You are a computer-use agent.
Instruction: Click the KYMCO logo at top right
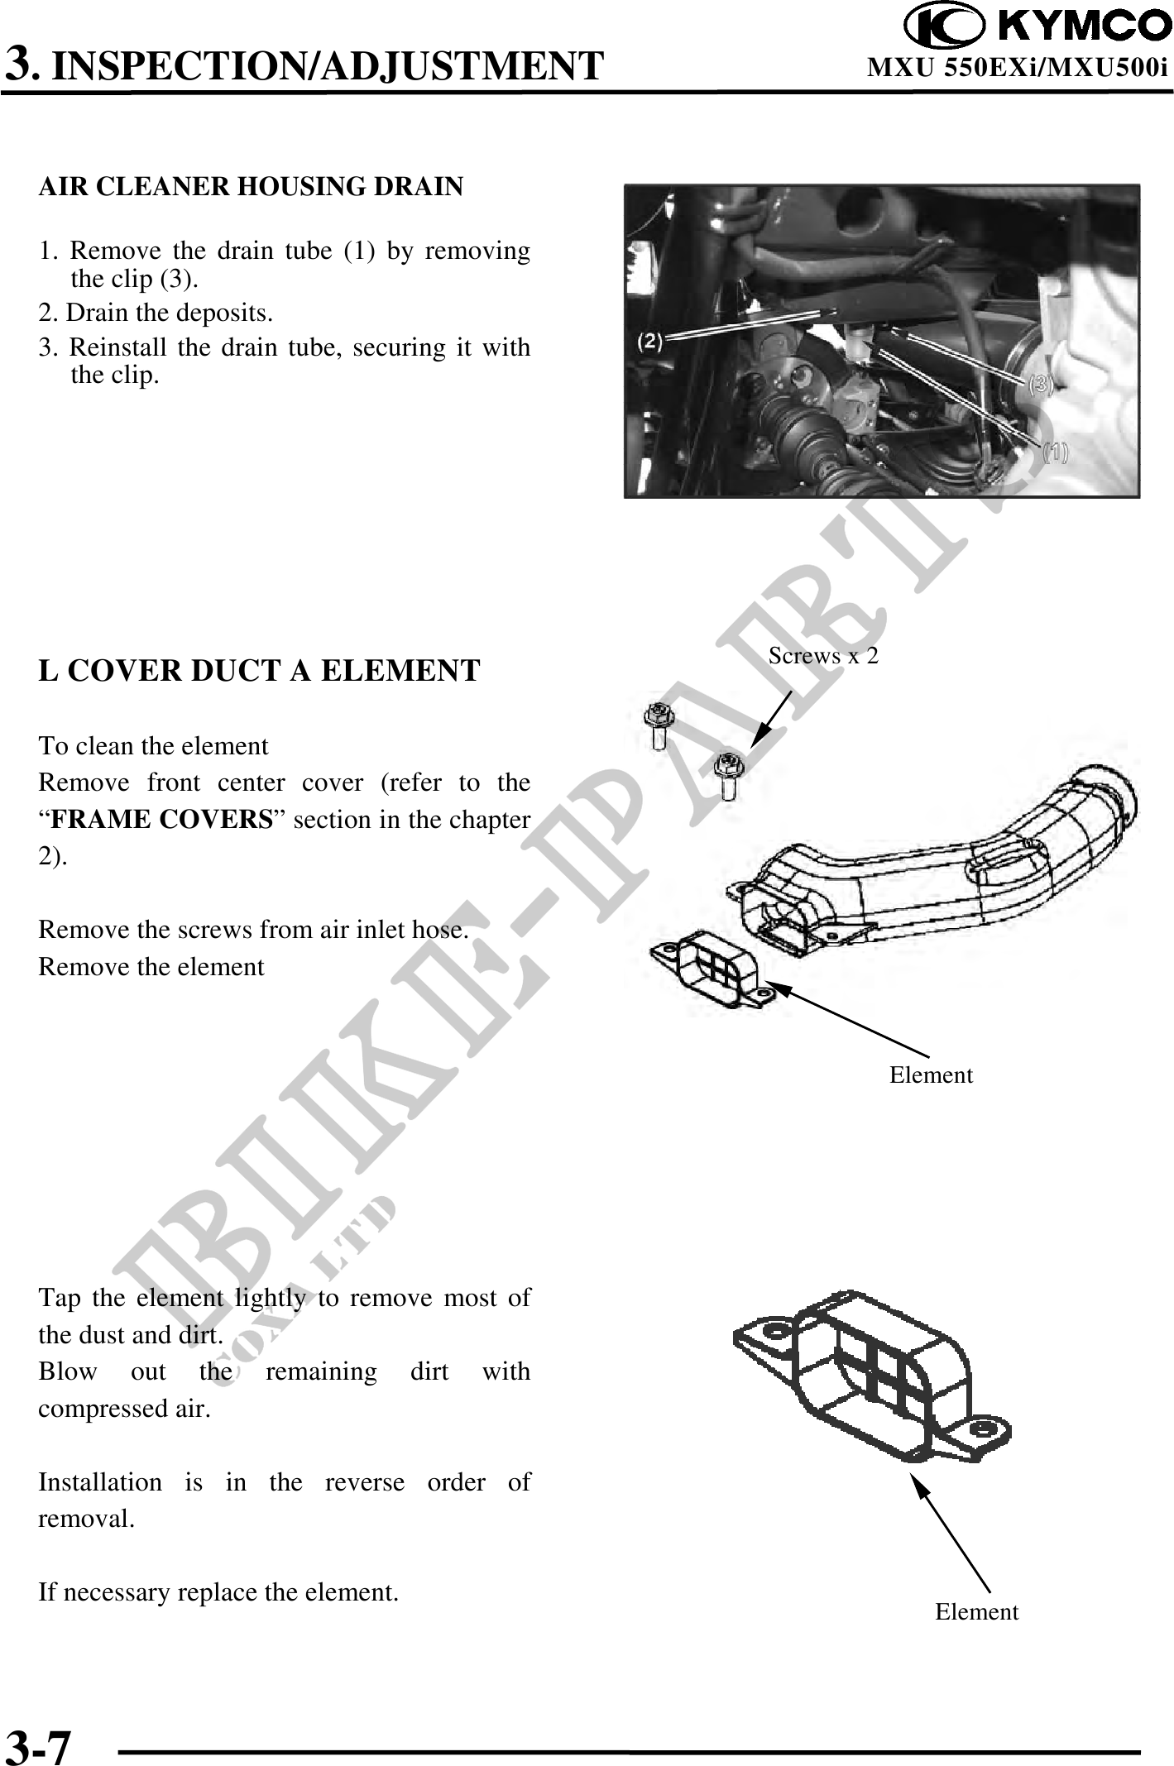click(1037, 26)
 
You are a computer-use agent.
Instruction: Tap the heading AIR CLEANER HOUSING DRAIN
click(251, 187)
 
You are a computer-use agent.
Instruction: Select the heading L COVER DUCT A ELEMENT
click(259, 670)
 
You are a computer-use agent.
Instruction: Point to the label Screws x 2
click(823, 656)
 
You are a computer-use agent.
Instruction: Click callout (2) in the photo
click(651, 341)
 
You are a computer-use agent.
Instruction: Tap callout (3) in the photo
click(1041, 383)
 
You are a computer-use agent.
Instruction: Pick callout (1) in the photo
click(1054, 452)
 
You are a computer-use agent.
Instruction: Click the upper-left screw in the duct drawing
click(659, 725)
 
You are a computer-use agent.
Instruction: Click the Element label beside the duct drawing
click(931, 1075)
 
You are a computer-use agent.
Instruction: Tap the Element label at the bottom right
click(976, 1611)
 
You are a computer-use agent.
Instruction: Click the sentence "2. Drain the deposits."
click(156, 313)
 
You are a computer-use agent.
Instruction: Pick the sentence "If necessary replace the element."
click(218, 1591)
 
